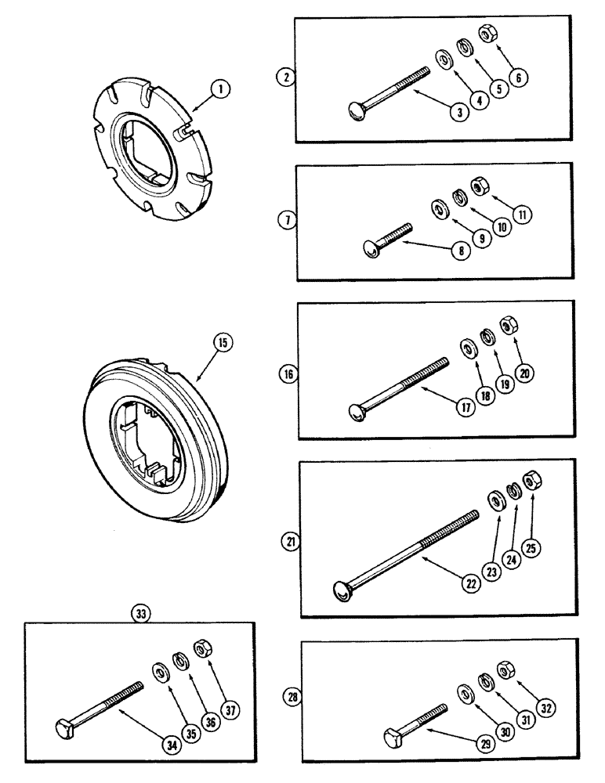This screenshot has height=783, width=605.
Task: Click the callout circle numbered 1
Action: (x=223, y=91)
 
